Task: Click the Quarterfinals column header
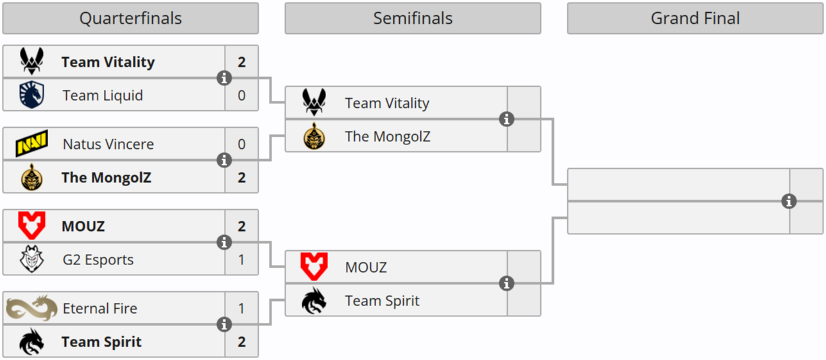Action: (130, 19)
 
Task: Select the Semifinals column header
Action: (413, 19)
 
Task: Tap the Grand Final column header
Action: (695, 19)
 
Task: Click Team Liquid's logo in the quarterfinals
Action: (31, 95)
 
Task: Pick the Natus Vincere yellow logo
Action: (31, 144)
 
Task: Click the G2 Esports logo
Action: (31, 259)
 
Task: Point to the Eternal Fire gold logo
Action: (31, 308)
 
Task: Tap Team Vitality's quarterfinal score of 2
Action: (241, 62)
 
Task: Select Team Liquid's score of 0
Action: (241, 95)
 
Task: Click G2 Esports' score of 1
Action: (241, 259)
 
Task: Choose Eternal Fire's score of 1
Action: (241, 308)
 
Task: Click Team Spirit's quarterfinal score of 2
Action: (241, 341)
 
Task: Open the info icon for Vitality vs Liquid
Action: (224, 78)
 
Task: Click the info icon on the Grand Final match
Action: (789, 201)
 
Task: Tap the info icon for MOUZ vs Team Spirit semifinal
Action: (506, 284)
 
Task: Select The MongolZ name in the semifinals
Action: (388, 136)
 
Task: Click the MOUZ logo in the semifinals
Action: (314, 267)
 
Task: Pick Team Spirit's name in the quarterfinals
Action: (101, 341)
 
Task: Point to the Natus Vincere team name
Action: (108, 144)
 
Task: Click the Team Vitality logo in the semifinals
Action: (314, 103)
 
